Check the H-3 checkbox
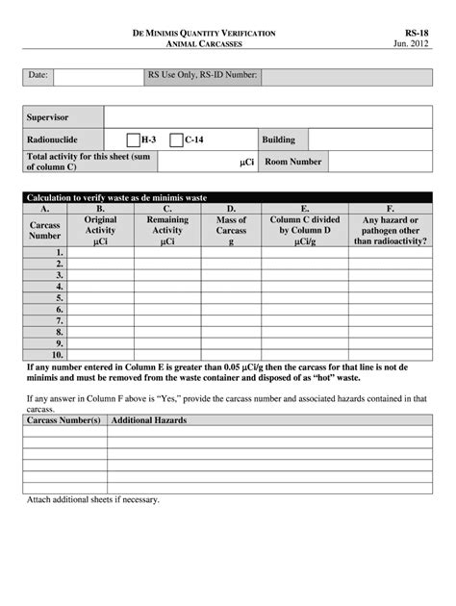click(134, 140)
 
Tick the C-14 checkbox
click(176, 140)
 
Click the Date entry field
click(98, 77)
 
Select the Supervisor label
click(48, 117)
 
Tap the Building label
click(279, 140)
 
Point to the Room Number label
click(293, 163)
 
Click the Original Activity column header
click(100, 231)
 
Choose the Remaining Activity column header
click(167, 231)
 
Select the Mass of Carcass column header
click(231, 231)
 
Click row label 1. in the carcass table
click(59, 252)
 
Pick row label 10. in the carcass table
click(57, 355)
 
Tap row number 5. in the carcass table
click(59, 297)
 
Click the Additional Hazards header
click(149, 421)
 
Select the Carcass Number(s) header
click(63, 421)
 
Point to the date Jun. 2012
click(414, 45)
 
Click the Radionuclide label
click(52, 140)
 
